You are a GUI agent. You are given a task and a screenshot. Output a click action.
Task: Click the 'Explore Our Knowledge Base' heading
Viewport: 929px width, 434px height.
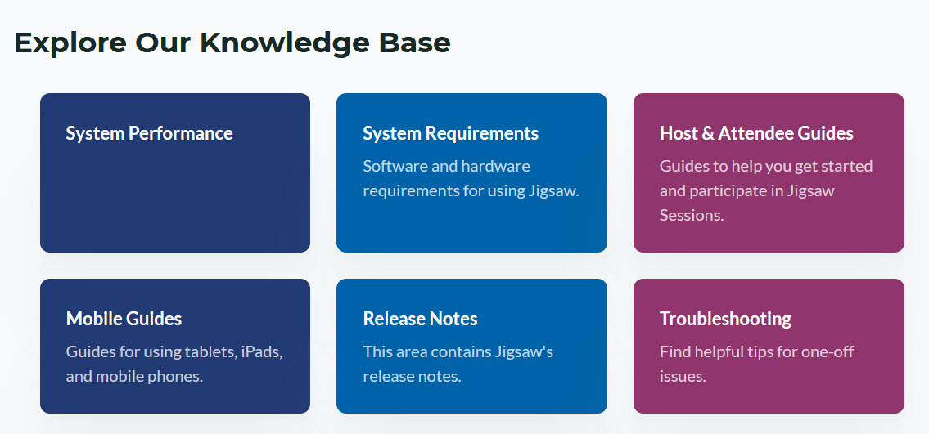point(232,43)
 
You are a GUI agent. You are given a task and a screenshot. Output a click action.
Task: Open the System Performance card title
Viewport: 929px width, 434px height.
point(149,133)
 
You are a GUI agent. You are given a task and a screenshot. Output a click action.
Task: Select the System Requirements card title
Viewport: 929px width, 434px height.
point(450,133)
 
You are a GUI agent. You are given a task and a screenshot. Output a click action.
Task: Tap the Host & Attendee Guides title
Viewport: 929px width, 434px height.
point(756,133)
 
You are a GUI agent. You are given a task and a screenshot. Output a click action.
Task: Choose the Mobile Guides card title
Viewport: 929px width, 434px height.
point(124,319)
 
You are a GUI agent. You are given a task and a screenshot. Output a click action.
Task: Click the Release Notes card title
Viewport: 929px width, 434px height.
point(420,319)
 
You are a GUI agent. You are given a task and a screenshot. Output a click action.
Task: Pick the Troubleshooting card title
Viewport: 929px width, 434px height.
point(725,319)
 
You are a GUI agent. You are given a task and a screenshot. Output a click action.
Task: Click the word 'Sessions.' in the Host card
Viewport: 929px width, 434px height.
point(692,216)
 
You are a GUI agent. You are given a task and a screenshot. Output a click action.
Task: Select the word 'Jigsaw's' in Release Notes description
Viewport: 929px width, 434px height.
point(524,352)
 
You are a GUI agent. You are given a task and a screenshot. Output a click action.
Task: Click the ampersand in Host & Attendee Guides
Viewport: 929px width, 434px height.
point(709,133)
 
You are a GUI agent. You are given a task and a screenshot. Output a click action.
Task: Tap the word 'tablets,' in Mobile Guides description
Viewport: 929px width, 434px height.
point(210,352)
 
